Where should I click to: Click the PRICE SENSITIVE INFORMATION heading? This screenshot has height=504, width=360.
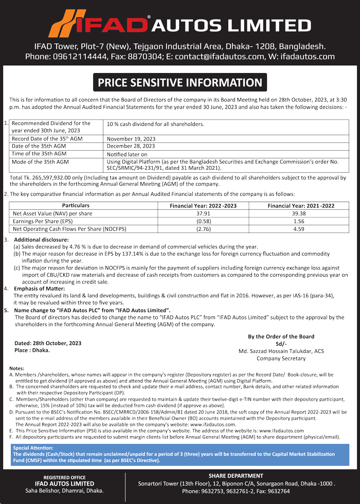pos(180,82)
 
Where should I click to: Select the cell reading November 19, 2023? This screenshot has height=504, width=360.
pos(131,139)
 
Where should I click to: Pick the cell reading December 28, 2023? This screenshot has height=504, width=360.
pos(131,146)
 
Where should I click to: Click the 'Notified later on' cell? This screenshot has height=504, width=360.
pos(127,154)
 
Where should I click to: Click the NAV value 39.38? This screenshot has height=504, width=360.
pos(301,213)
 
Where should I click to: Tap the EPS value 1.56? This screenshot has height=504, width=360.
pos(301,221)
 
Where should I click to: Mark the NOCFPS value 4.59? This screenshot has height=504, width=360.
pos(301,228)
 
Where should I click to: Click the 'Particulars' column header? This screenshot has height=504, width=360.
pos(76,205)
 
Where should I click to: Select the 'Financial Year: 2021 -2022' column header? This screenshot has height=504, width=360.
pos(301,205)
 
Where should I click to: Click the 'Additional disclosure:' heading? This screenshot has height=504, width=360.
pos(41,240)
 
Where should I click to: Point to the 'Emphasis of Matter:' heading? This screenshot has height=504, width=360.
pos(39,289)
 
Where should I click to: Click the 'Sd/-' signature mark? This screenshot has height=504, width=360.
pos(280,344)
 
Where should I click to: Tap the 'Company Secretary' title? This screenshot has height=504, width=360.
pos(281,358)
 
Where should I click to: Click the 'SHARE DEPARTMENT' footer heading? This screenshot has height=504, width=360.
pos(236,476)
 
